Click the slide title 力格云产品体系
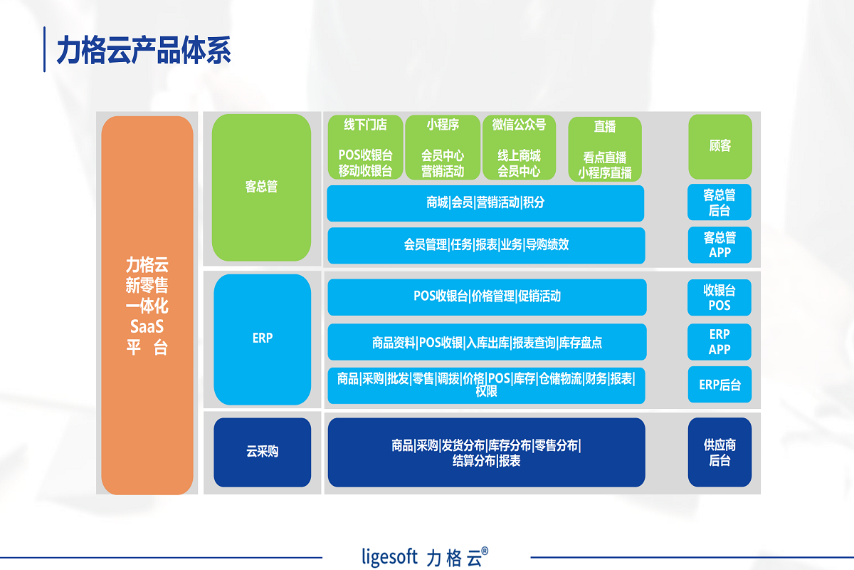point(144,51)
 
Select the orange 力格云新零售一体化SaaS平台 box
point(147,305)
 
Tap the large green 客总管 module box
point(261,187)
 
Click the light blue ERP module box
point(262,339)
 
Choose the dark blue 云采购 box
point(262,452)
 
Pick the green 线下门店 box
point(365,147)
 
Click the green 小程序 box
point(443,147)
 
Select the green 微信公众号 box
point(519,147)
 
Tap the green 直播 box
point(605,149)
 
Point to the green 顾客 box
point(719,146)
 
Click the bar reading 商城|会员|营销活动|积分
point(485,203)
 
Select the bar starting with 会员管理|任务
point(486,245)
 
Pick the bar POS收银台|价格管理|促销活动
point(487,296)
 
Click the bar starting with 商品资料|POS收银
point(487,342)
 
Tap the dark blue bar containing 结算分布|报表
point(486,452)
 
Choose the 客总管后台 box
point(719,202)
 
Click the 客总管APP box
point(719,244)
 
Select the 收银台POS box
point(719,297)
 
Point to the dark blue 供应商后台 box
point(719,452)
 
